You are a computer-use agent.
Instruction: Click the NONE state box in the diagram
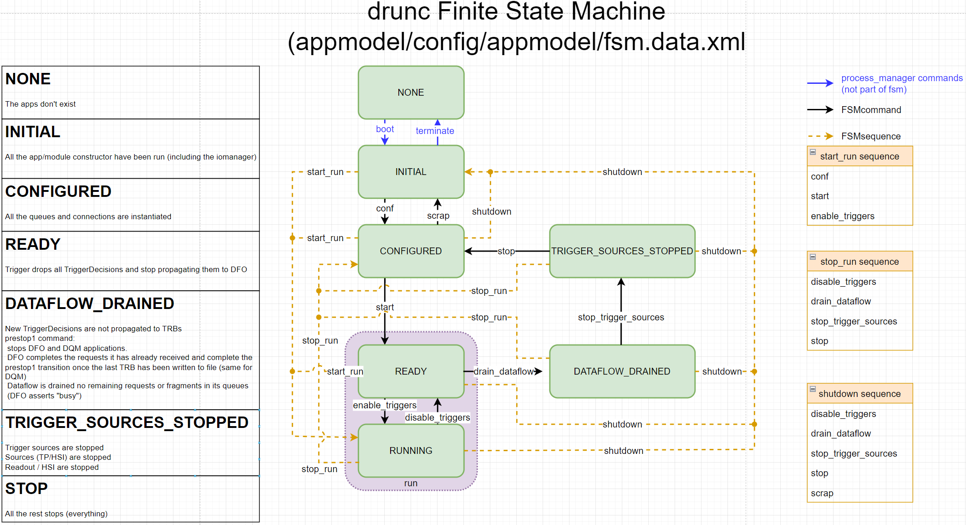click(411, 93)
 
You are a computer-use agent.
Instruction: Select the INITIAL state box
click(411, 172)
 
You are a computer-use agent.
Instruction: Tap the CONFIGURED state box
click(411, 251)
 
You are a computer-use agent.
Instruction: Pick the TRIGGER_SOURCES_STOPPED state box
click(622, 251)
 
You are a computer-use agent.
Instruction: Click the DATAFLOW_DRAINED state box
click(622, 371)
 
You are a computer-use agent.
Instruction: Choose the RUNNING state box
click(411, 451)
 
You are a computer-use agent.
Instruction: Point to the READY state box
click(411, 371)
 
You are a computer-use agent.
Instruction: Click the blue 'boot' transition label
click(385, 129)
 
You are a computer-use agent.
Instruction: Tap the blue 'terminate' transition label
click(435, 131)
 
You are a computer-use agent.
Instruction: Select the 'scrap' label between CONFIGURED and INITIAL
click(438, 216)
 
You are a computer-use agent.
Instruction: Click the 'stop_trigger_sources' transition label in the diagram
click(621, 317)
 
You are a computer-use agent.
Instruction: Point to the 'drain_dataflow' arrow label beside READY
click(503, 371)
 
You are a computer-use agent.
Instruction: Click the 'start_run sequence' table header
click(859, 156)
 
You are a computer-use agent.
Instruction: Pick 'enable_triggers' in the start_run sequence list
click(843, 216)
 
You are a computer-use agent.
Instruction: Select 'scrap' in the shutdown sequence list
click(822, 493)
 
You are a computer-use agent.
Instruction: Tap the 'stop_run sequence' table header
click(859, 262)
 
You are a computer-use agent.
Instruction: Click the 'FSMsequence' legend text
click(871, 136)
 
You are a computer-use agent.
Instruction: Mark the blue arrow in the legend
click(820, 83)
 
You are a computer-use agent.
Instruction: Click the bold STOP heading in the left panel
click(26, 489)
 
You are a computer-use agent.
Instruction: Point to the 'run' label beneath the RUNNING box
click(411, 483)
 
